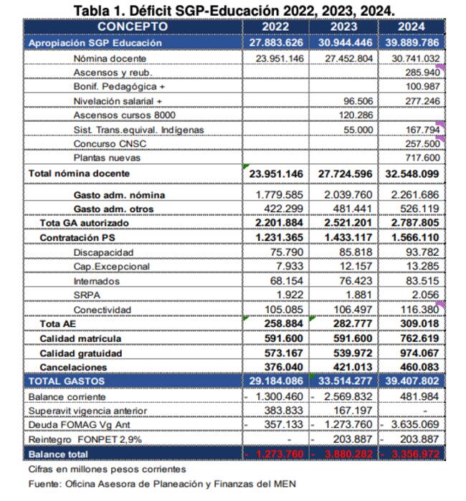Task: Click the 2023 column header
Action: [343, 27]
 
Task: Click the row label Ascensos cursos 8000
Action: [125, 115]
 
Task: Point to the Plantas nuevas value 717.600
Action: [420, 158]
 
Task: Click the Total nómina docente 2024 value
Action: [412, 173]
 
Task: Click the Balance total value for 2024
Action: [412, 454]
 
